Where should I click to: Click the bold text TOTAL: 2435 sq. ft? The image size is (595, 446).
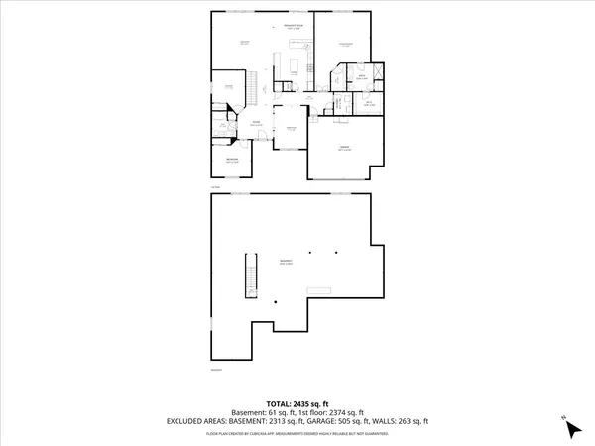(297, 404)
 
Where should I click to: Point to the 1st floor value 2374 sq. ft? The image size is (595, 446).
(344, 412)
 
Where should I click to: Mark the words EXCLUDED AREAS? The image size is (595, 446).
(192, 421)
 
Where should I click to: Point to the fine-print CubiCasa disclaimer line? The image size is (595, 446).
(297, 433)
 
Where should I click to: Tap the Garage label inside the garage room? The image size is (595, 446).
(344, 147)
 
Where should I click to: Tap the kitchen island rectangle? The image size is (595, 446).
(295, 68)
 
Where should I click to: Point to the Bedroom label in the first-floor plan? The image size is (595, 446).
(231, 159)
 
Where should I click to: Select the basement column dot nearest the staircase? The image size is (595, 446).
(275, 301)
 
